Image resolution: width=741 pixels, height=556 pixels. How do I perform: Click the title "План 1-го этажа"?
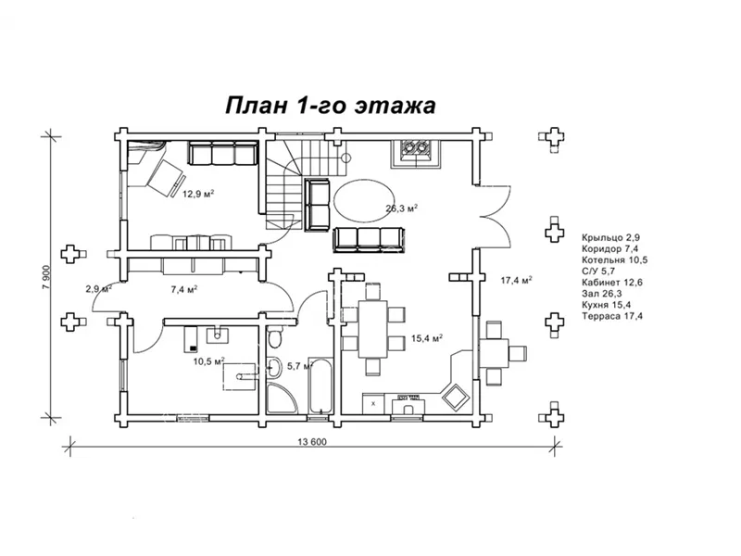coord(331,105)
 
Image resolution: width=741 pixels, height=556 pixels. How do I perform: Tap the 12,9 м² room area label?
coord(198,195)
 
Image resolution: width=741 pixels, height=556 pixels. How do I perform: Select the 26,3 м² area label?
coord(402,208)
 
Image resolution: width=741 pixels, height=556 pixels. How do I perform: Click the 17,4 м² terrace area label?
coord(516,279)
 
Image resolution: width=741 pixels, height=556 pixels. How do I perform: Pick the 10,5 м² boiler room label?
coord(208,361)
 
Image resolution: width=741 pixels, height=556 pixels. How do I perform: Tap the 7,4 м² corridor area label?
coord(183,289)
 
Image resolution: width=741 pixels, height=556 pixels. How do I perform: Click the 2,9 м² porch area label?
coord(98,289)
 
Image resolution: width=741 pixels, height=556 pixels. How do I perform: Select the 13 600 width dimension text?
coord(311,441)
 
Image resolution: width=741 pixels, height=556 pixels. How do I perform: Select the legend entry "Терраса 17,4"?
coord(612,316)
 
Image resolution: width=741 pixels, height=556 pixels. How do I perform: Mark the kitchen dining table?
coord(371,327)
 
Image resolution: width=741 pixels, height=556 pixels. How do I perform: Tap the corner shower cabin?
coord(281,398)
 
